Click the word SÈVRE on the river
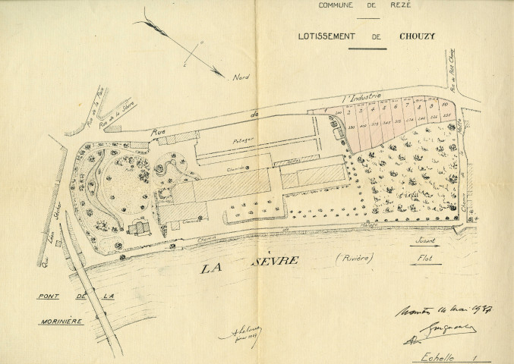277,262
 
